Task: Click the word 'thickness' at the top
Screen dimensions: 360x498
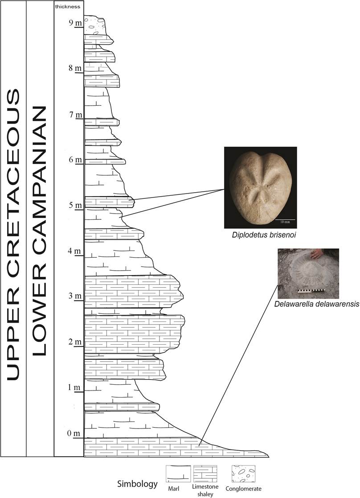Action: click(x=68, y=7)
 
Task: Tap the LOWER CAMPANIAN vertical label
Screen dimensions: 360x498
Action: click(x=40, y=231)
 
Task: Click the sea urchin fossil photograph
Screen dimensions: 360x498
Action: click(x=260, y=187)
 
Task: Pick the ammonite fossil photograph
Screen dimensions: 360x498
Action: click(x=308, y=273)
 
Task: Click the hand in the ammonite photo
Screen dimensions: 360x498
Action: click(x=317, y=254)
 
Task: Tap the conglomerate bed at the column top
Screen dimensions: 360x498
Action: click(x=94, y=26)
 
